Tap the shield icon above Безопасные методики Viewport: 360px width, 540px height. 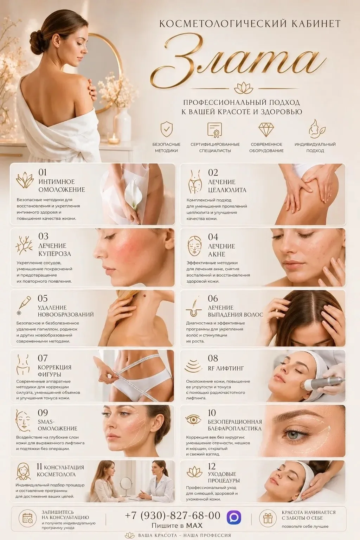(167, 129)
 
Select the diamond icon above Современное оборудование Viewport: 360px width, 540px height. (266, 129)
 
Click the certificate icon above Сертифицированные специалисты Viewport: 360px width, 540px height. (215, 130)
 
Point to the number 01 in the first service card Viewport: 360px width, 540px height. (43, 172)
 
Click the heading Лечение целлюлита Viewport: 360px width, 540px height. (227, 186)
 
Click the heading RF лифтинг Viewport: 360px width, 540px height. (226, 368)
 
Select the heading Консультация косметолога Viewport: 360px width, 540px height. (60, 470)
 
